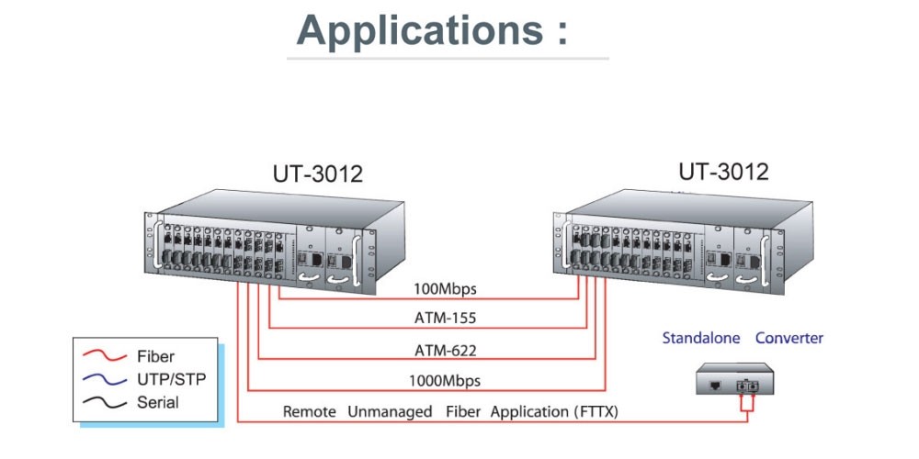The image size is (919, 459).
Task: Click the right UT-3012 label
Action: click(x=723, y=172)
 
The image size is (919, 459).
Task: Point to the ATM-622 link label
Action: click(x=444, y=349)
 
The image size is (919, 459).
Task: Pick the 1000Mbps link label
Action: click(x=444, y=380)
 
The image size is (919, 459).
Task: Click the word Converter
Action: click(x=789, y=338)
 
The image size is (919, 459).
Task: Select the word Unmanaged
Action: click(x=390, y=412)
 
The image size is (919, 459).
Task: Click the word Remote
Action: click(x=310, y=412)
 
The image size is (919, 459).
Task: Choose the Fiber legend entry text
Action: click(x=155, y=356)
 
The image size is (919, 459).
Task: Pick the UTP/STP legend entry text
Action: click(x=171, y=379)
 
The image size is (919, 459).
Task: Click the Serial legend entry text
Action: click(x=158, y=402)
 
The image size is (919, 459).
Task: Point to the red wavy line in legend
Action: click(x=104, y=356)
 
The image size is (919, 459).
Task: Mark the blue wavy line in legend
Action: click(x=104, y=379)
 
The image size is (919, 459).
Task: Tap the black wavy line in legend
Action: click(x=104, y=402)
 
